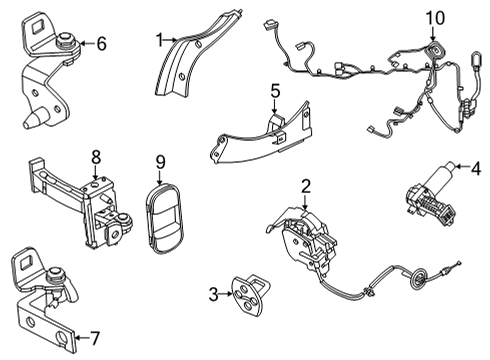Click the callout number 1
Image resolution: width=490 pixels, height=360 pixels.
point(158,39)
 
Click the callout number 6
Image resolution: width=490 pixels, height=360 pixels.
point(99,43)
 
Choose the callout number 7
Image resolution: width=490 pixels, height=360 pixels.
point(95,335)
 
